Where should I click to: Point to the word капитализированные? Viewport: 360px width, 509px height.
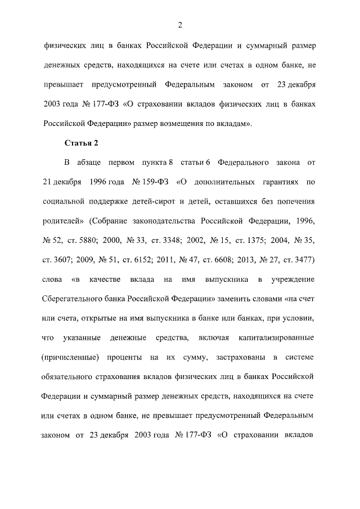[276, 337]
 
